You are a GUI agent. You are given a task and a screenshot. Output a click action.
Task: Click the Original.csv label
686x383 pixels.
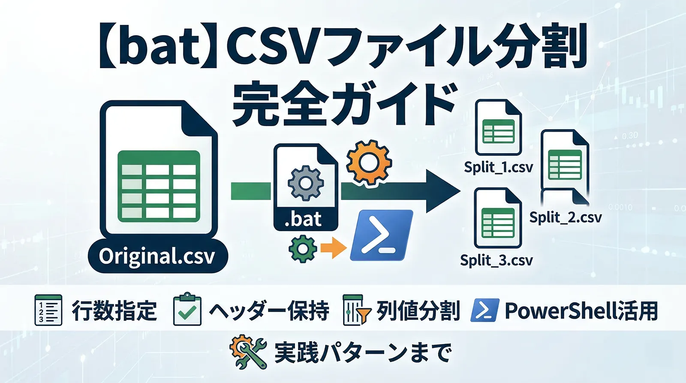coord(157,256)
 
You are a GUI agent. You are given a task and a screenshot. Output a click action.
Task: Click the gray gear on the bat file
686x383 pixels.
coord(305,184)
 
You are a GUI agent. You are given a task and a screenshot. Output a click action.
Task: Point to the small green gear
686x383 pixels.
coord(303,249)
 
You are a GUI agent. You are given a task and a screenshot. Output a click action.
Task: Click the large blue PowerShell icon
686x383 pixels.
coord(381,235)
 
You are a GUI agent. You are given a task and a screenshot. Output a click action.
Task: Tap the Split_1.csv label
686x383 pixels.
coord(498,167)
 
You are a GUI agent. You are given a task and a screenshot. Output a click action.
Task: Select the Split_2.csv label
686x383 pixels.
coord(566,217)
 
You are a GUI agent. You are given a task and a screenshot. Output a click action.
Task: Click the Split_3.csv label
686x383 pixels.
coord(496,260)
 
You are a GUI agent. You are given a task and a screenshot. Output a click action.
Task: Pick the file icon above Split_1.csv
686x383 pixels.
coord(498,127)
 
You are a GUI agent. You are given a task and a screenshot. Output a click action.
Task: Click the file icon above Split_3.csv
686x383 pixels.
coord(497,218)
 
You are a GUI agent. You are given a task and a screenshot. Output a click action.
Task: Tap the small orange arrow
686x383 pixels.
coord(333,248)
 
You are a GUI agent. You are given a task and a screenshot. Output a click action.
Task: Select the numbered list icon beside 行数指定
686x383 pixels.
coord(48,310)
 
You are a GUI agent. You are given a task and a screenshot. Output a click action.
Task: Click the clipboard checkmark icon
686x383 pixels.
coord(187,309)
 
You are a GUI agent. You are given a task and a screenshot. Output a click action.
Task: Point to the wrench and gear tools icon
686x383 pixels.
coord(248,352)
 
